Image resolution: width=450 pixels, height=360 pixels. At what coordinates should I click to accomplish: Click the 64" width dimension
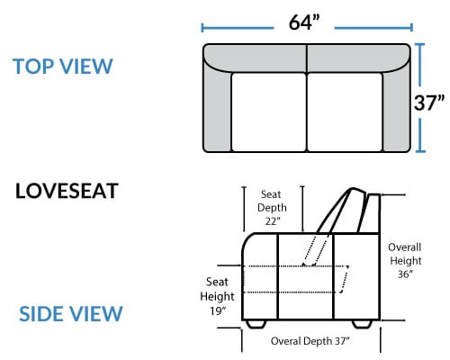[304, 22]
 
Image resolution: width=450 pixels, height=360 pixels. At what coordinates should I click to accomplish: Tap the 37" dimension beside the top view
[429, 103]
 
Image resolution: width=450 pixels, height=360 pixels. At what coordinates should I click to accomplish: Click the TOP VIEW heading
[63, 67]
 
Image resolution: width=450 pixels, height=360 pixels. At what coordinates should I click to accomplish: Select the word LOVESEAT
[67, 191]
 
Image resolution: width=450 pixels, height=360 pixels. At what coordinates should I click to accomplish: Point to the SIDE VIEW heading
[71, 314]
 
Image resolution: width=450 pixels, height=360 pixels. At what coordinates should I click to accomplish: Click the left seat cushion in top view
[269, 112]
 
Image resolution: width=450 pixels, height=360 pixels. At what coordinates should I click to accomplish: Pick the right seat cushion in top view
[345, 112]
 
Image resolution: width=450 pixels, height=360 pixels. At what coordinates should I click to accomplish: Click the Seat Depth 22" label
[272, 208]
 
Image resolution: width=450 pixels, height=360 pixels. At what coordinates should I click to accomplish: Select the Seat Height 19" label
[217, 296]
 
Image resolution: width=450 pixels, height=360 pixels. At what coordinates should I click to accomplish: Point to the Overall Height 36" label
[405, 260]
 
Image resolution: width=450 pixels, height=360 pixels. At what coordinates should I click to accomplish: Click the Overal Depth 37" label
[310, 341]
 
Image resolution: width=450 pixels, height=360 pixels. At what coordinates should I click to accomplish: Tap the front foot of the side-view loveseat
[256, 324]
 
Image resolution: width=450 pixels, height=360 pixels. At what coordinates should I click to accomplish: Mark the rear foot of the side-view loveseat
[362, 324]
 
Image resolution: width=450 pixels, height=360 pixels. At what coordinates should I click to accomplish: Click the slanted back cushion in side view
[342, 210]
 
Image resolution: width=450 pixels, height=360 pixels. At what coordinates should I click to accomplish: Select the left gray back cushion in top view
[255, 58]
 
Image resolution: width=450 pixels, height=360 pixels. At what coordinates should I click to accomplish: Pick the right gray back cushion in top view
[358, 58]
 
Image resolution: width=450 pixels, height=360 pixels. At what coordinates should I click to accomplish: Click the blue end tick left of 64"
[202, 28]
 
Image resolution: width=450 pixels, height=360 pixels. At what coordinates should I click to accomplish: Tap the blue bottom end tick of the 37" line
[420, 151]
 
